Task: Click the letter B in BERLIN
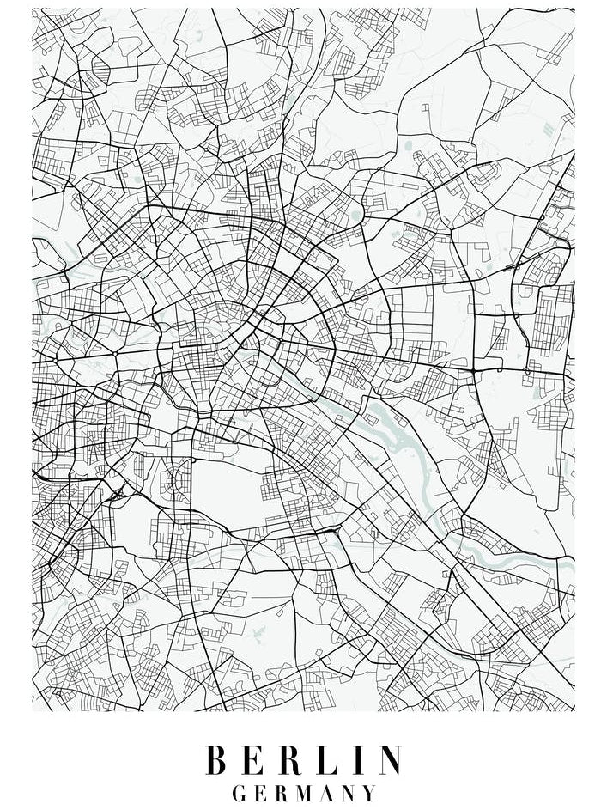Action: click(217, 761)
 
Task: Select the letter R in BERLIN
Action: click(294, 761)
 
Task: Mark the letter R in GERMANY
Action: click(282, 793)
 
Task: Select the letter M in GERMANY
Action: click(307, 793)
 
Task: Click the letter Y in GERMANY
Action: click(371, 793)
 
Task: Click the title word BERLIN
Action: click(304, 761)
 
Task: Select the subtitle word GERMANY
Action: click(304, 793)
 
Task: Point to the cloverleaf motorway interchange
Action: click(116, 493)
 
